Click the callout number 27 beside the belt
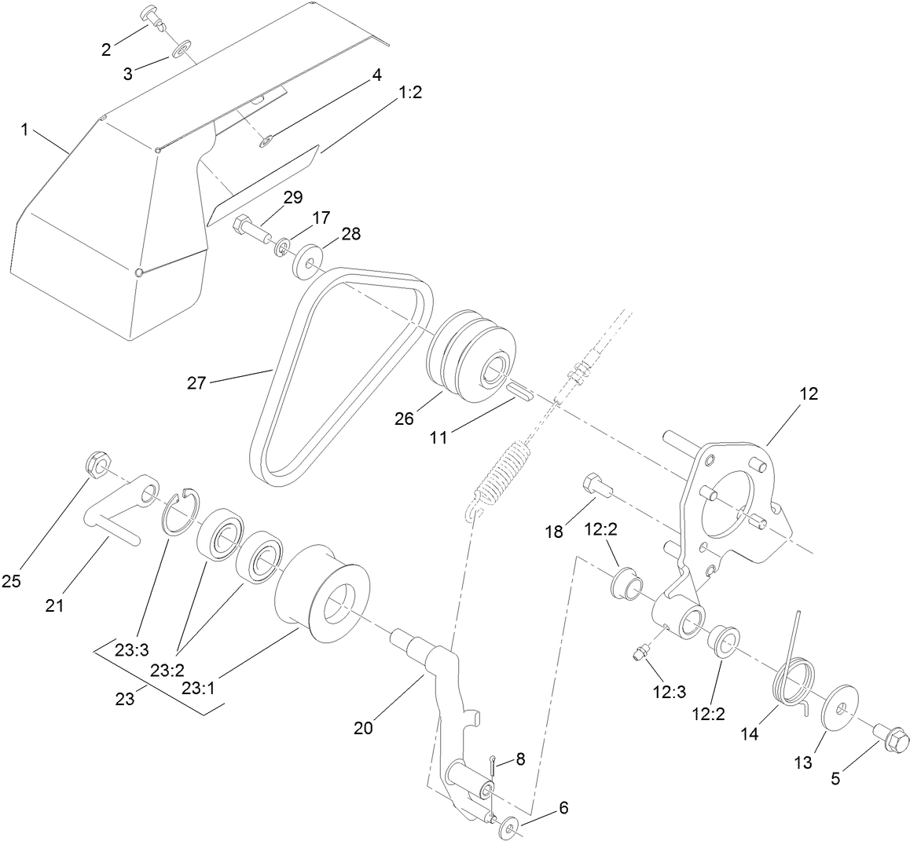[x=197, y=383]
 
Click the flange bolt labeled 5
[x=892, y=737]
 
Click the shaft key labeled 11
[x=518, y=389]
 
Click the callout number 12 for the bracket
[x=809, y=394]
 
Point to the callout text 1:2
[x=410, y=93]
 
